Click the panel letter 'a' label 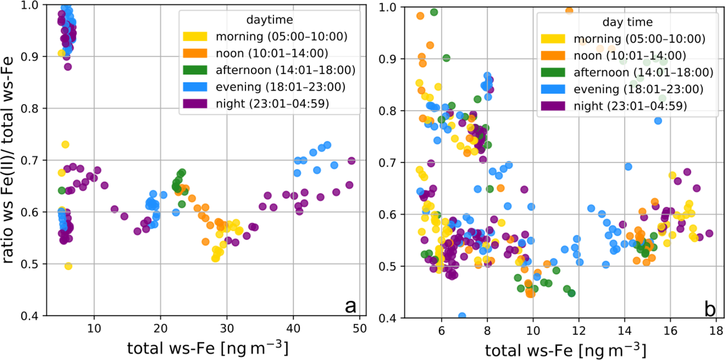350,306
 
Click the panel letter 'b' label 710,309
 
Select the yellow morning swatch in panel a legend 195,36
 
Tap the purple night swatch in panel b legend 553,106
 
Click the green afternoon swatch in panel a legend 195,70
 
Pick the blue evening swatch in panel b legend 553,89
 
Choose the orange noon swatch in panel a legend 195,53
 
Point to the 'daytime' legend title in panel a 269,20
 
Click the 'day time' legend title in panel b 627,22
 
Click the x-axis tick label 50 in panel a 360,329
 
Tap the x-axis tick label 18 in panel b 716,331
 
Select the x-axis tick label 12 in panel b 579,331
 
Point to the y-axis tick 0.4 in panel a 31,316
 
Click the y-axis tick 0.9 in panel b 388,59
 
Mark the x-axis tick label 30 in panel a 227,329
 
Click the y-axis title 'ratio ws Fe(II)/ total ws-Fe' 8,159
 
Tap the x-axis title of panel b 565,350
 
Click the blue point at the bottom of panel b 462,316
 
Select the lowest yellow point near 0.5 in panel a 68,266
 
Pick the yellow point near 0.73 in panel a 65,144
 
